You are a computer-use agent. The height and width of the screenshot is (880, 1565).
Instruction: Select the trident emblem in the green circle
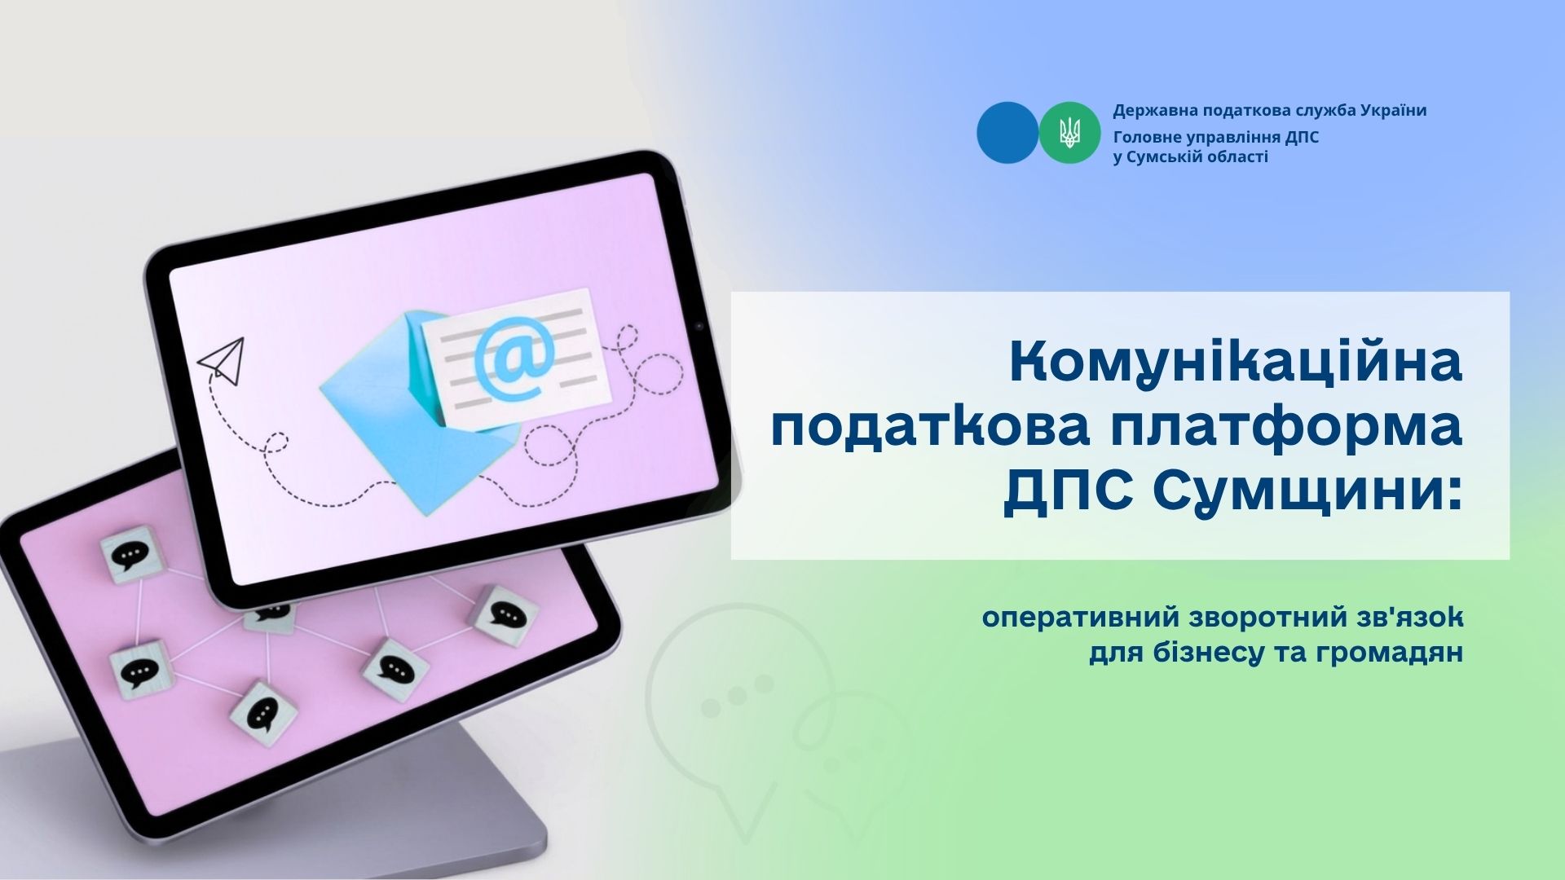(x=1069, y=132)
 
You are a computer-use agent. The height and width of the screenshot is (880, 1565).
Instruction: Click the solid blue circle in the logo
(x=1007, y=132)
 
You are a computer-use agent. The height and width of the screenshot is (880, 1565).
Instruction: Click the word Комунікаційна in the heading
(x=1236, y=363)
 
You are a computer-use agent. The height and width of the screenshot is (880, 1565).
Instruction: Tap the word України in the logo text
(x=1393, y=111)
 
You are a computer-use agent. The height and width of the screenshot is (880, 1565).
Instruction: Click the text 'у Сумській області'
(x=1190, y=157)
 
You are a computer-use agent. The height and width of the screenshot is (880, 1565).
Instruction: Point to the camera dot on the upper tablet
(x=699, y=327)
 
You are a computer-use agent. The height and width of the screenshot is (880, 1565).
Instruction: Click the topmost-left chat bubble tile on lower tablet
(x=130, y=554)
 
